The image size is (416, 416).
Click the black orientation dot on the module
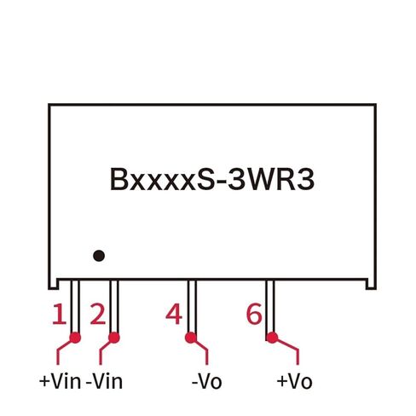99,256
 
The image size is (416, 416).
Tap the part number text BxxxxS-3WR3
212,180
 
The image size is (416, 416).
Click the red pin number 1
60,315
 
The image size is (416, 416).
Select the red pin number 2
98,315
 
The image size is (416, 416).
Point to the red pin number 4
174,315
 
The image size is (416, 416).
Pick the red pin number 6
254,314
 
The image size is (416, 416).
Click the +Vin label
60,381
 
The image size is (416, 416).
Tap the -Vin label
104,381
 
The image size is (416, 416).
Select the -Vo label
207,381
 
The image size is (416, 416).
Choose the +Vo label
294,381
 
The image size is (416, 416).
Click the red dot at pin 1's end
75,338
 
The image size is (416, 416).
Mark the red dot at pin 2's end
114,338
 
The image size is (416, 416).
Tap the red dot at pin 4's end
191,338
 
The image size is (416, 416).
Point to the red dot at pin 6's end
272,338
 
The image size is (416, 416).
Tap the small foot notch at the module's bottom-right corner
371,284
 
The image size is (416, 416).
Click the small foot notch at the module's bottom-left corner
54,284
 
